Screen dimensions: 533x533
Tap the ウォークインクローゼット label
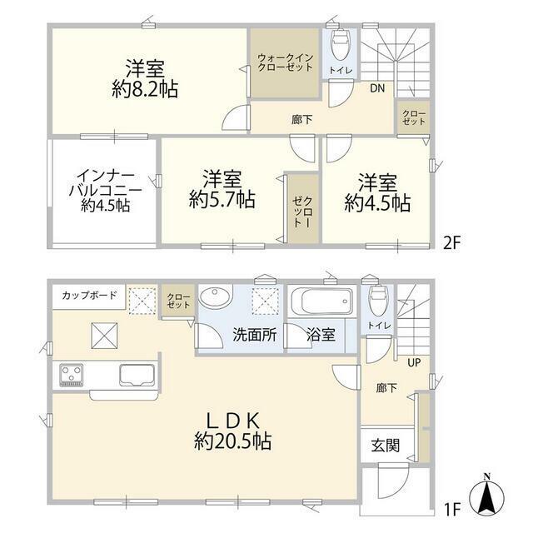[x=286, y=64]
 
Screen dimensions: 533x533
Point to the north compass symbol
[x=487, y=496]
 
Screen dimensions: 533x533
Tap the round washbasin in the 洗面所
[x=218, y=299]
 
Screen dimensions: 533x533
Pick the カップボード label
[x=89, y=295]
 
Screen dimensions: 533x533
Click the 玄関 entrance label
[x=385, y=446]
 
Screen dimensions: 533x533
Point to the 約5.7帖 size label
[x=222, y=200]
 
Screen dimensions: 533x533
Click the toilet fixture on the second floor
[x=341, y=40]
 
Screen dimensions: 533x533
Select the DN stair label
[x=377, y=87]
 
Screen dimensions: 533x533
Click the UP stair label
[x=413, y=363]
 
